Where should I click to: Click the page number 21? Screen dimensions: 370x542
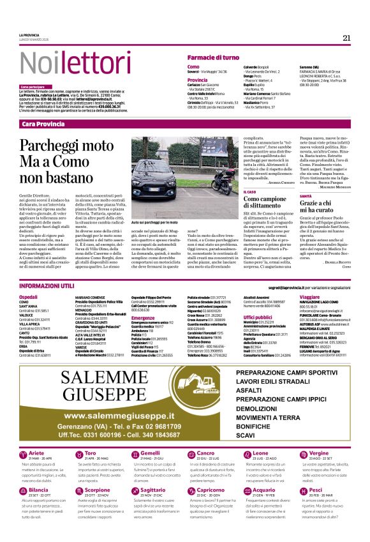click(x=346, y=38)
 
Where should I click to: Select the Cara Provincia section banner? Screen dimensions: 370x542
click(x=43, y=123)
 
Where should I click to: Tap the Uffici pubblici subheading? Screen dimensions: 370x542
click(x=258, y=317)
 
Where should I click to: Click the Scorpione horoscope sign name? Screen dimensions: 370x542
click(x=98, y=490)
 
